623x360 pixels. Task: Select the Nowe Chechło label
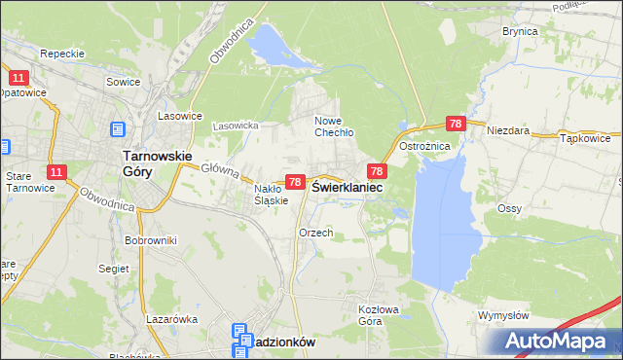coord(333,126)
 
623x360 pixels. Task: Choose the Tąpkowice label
coord(585,138)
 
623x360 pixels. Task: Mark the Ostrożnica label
coord(422,145)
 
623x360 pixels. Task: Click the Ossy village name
coord(509,209)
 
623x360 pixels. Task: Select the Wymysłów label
coord(503,316)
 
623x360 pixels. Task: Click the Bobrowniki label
coord(149,239)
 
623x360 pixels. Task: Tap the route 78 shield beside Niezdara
coord(456,124)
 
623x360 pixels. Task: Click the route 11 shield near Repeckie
coord(18,76)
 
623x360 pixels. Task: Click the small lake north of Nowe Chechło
coord(272,43)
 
